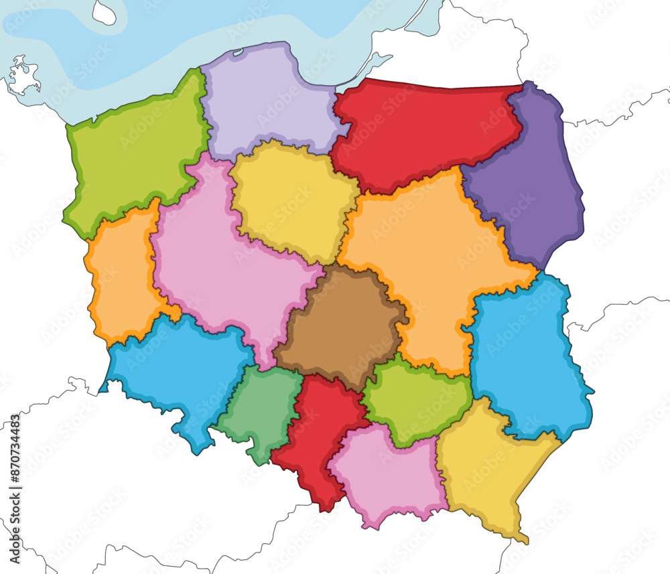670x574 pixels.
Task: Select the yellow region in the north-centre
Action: (288, 201)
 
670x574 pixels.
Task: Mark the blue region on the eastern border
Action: (526, 355)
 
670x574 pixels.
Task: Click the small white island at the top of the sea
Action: (104, 12)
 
